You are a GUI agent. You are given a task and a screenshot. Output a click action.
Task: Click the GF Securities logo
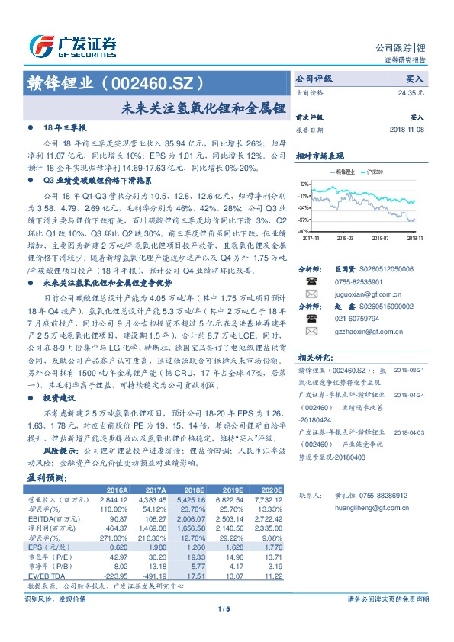pyautogui.click(x=72, y=45)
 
